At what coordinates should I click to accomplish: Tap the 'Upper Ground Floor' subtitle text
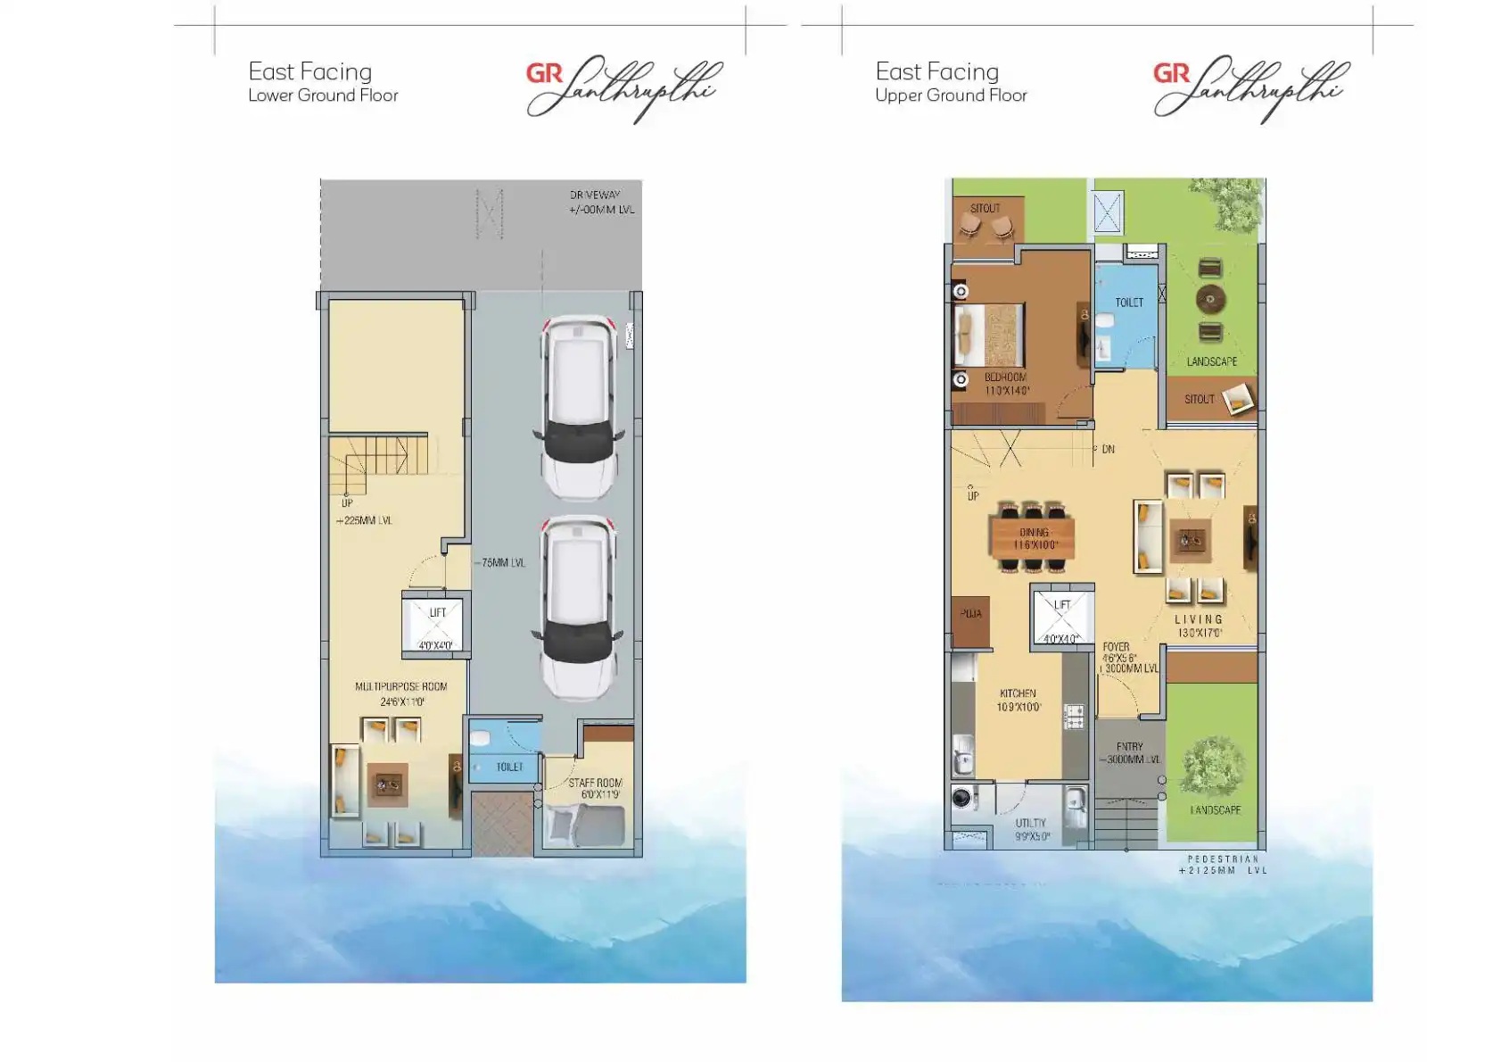(x=951, y=95)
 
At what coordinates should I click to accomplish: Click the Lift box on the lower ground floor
(x=436, y=624)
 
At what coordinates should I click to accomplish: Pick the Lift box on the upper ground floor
(x=1061, y=616)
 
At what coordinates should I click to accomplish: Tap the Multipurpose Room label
(x=401, y=687)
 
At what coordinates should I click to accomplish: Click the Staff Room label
(x=596, y=783)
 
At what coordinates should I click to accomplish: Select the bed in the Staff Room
(x=584, y=826)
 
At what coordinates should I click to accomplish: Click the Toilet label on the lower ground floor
(x=509, y=767)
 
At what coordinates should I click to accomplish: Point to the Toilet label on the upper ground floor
(x=1129, y=303)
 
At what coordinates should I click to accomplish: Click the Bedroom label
(x=1005, y=378)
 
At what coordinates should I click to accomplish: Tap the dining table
(x=1032, y=538)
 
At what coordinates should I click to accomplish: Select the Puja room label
(x=970, y=614)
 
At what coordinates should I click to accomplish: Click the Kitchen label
(x=1018, y=693)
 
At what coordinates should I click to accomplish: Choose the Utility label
(x=1030, y=824)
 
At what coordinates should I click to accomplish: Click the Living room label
(x=1199, y=619)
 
